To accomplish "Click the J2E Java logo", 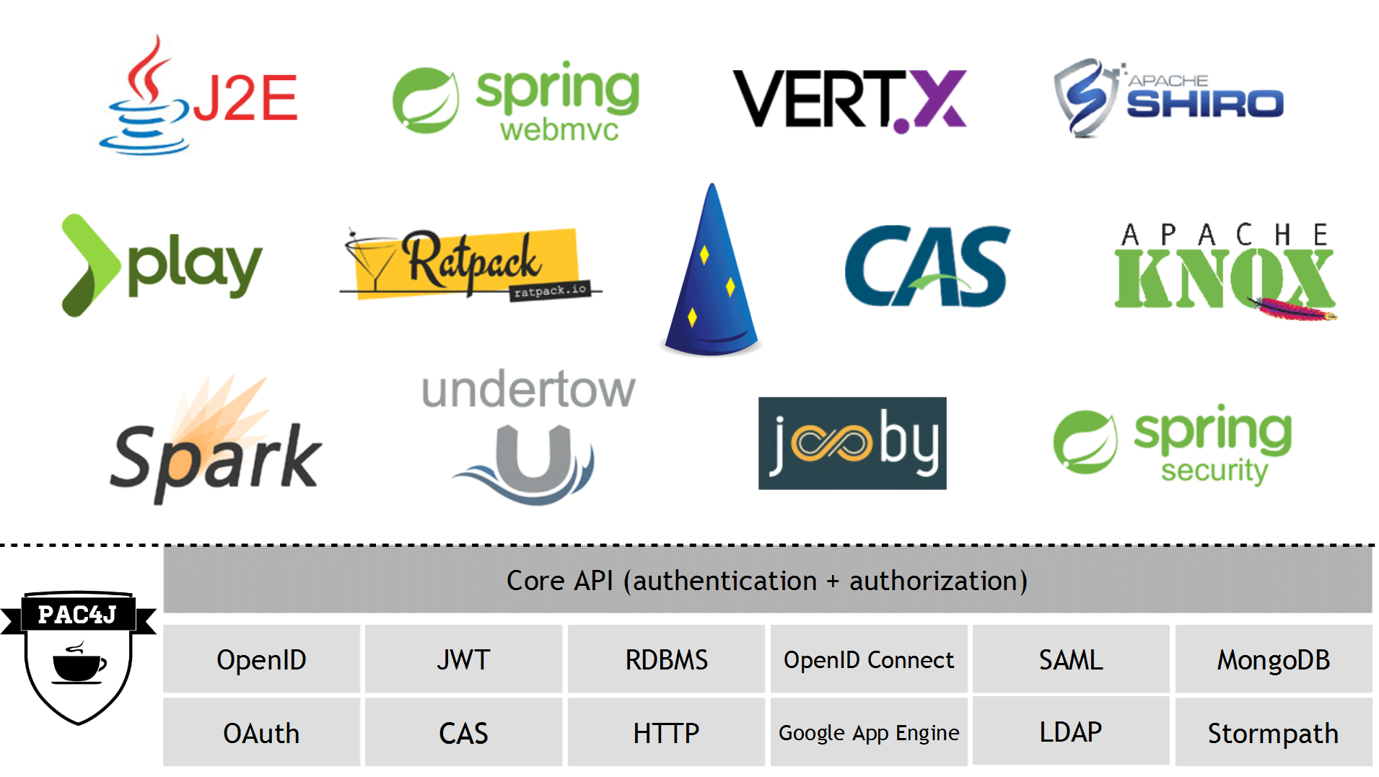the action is tap(198, 95).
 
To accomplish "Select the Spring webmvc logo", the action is tap(516, 101).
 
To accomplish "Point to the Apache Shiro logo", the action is tap(1168, 98).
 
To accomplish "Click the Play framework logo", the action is tap(162, 265).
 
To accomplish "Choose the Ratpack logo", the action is tap(470, 264).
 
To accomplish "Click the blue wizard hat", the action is tap(712, 269).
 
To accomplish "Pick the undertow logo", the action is tap(528, 437).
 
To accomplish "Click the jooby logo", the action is tap(852, 443).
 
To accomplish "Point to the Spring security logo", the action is tap(1173, 444).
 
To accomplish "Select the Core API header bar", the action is tap(768, 581).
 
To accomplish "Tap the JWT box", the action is tap(463, 659).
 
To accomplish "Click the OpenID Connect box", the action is tap(869, 659).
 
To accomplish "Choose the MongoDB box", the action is tap(1274, 659).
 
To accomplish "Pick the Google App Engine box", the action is tap(869, 732).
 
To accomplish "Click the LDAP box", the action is tap(1071, 732).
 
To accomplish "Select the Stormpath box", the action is tap(1274, 732).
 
